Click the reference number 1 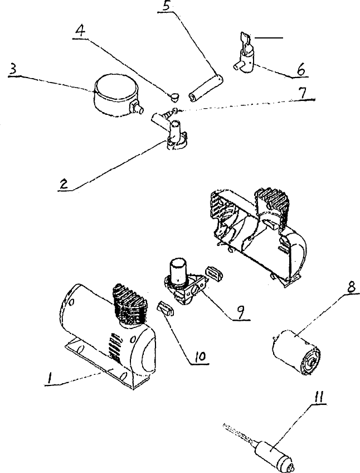coord(50,379)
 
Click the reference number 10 coord(199,355)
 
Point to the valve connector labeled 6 coord(243,58)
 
